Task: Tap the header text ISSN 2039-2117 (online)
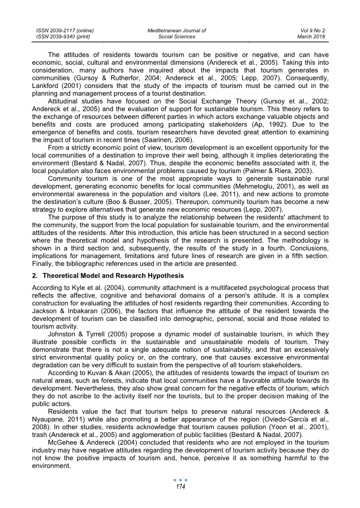coord(65,30)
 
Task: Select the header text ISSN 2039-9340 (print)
coord(63,37)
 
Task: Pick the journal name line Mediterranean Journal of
coord(177,30)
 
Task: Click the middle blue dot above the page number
coord(180,480)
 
